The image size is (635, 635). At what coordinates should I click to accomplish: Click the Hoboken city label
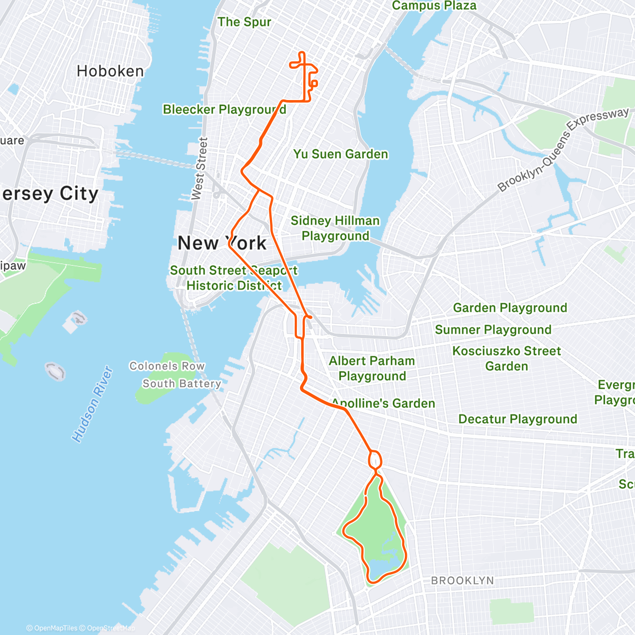tap(110, 71)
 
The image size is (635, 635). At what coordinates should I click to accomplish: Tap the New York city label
tap(222, 243)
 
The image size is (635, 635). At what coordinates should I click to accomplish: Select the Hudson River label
tap(93, 404)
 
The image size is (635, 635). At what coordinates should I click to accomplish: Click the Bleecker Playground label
tap(224, 110)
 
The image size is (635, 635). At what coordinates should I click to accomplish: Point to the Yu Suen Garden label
tap(341, 154)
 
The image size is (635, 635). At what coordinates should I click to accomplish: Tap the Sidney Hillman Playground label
tap(335, 228)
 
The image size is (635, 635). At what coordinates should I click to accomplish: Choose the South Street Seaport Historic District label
tap(233, 278)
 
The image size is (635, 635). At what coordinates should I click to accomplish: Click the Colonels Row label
tap(167, 366)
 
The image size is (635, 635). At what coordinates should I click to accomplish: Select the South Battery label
tap(182, 384)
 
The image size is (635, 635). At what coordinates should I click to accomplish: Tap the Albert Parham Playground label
tap(372, 368)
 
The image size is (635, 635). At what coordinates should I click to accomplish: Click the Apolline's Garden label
tap(383, 403)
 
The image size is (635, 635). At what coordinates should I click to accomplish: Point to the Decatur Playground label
tap(518, 419)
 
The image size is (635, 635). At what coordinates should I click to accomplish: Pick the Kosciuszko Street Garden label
tap(506, 358)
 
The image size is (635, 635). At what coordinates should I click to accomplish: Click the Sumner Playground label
tap(493, 330)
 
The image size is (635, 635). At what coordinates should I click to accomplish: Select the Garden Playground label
tap(510, 308)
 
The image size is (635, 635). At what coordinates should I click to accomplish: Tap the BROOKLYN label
tap(462, 580)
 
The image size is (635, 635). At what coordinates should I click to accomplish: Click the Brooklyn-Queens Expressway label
tap(563, 149)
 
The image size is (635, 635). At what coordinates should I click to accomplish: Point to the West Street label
tap(199, 168)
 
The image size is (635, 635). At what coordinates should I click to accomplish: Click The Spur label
tap(244, 22)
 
